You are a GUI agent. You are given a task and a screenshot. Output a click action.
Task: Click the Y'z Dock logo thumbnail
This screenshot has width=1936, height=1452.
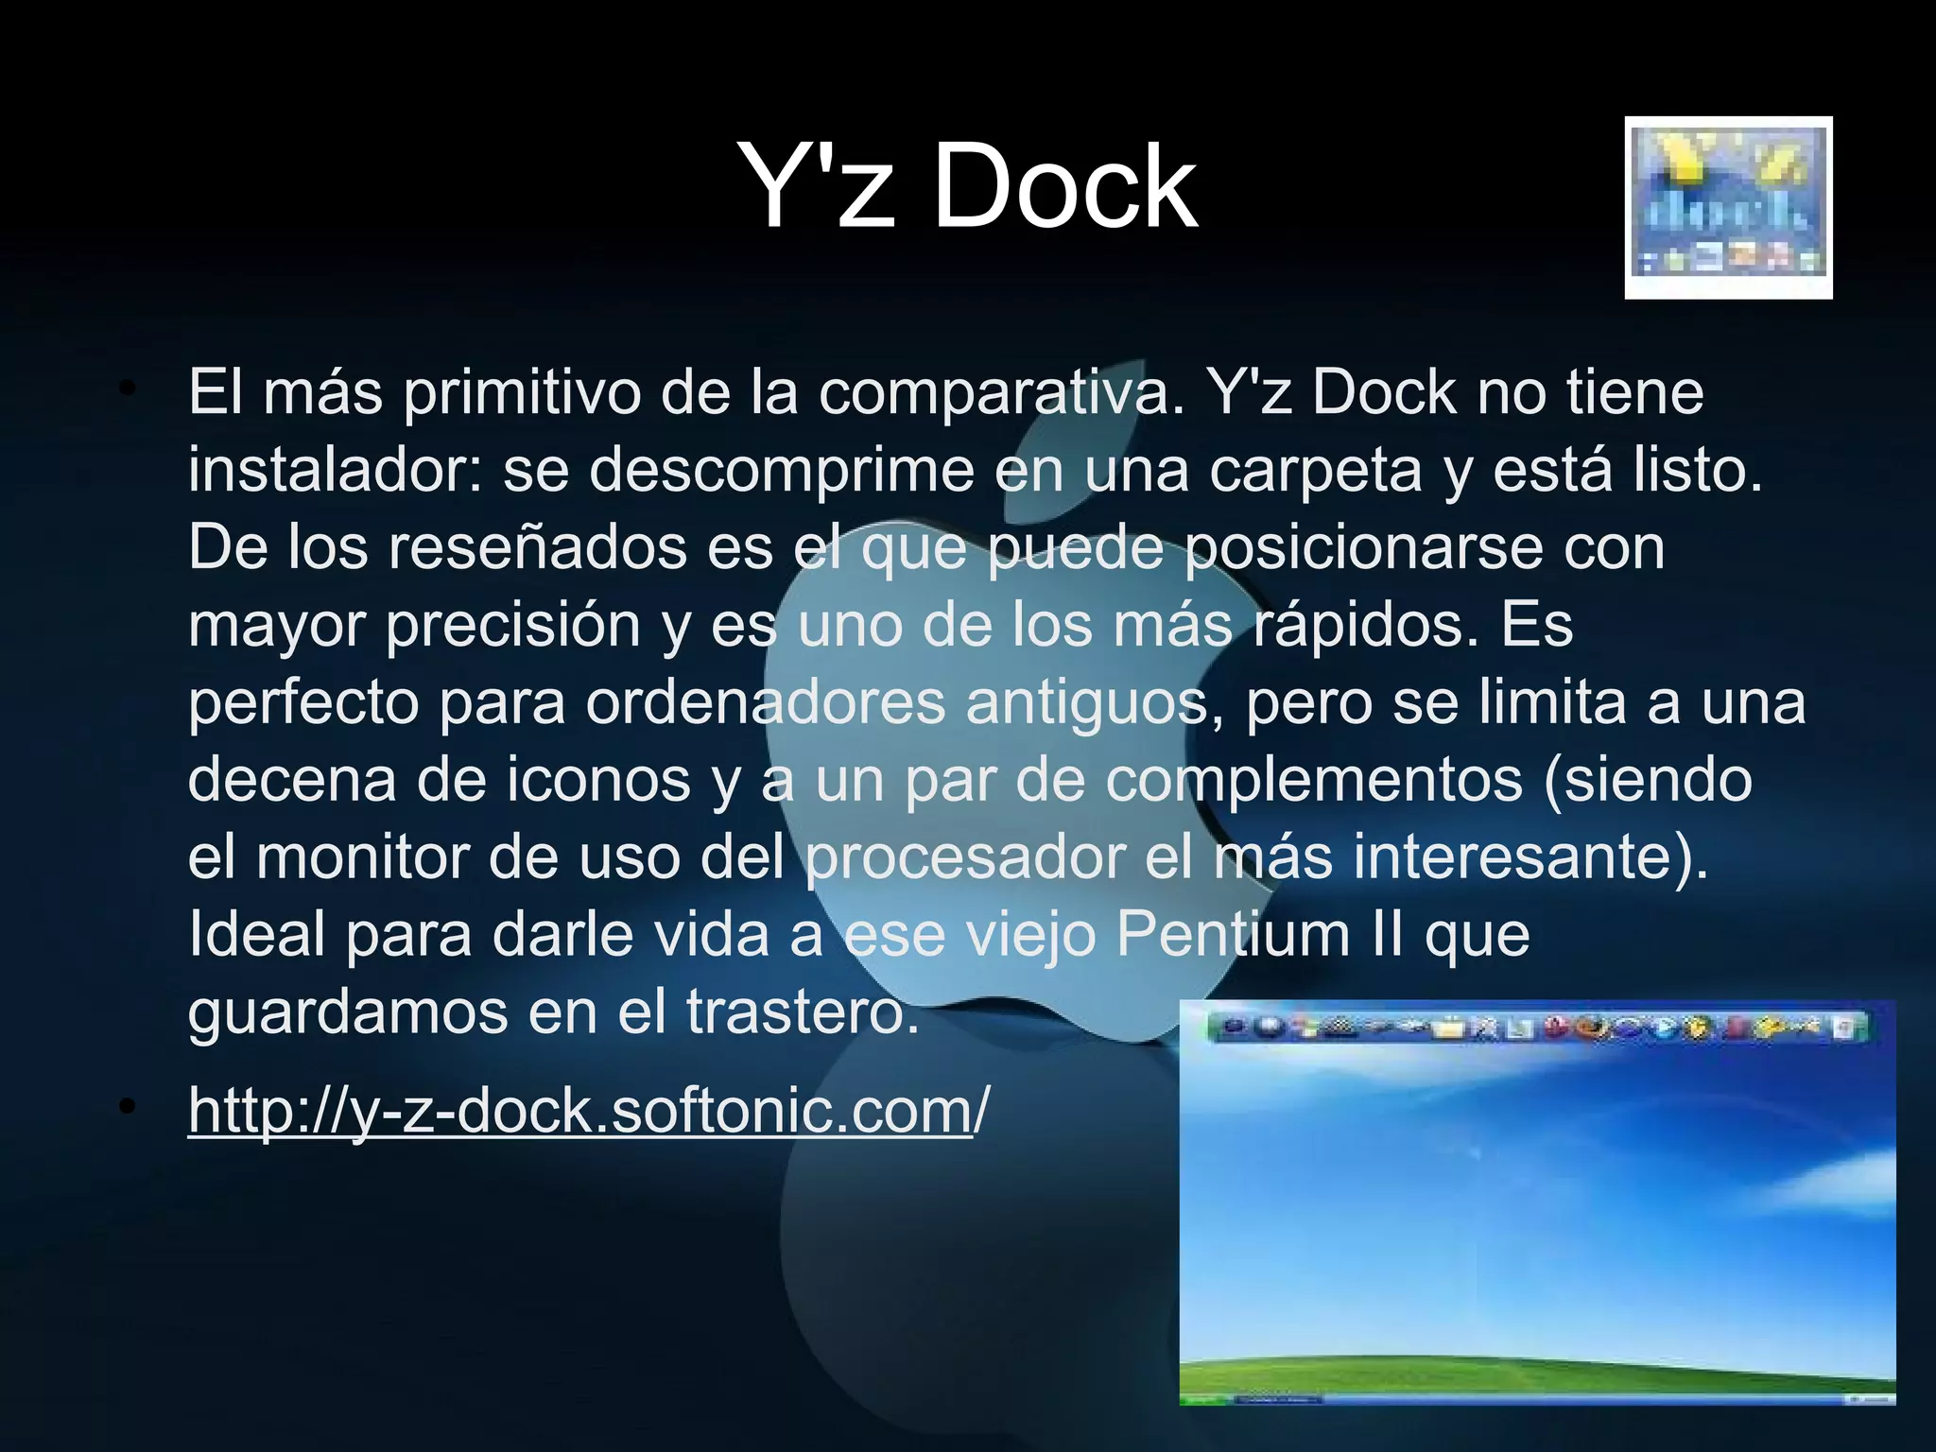click(1728, 208)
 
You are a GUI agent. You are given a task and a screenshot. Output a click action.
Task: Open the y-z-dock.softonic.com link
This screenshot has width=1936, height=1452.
click(579, 1110)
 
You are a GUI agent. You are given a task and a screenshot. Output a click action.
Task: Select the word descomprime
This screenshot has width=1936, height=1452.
click(781, 470)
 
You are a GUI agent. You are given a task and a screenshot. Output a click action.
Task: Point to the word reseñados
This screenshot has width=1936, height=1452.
click(537, 547)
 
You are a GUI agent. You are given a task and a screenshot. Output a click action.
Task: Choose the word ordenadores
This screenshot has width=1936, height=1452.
click(765, 702)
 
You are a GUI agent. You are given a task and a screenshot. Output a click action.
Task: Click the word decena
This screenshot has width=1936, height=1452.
click(291, 780)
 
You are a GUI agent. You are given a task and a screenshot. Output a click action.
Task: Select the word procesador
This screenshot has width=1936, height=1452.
click(965, 857)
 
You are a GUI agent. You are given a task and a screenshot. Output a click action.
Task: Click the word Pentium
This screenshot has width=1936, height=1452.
click(1234, 935)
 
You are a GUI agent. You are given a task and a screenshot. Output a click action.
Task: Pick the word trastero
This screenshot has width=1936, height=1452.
click(802, 1012)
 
